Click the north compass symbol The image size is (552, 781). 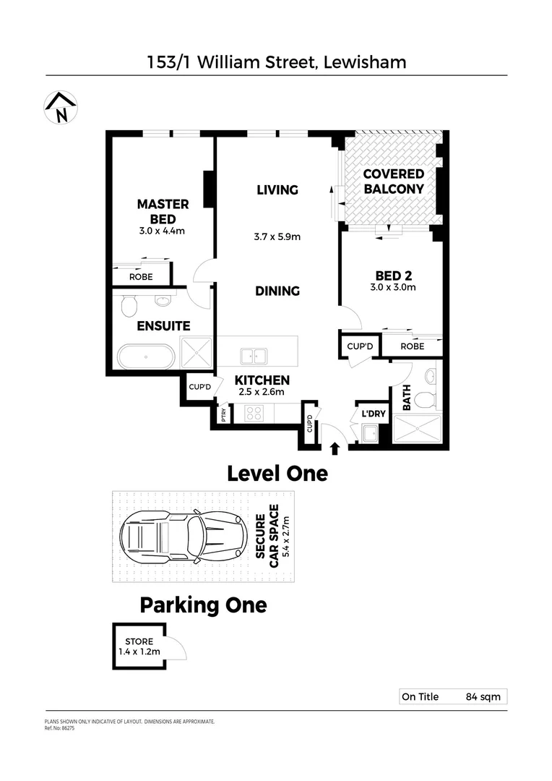[61, 108]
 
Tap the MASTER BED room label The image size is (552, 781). [163, 211]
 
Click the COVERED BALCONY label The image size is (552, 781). [393, 182]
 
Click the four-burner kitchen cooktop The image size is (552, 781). [255, 414]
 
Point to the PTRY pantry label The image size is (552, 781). [224, 416]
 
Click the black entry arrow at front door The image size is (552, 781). [335, 449]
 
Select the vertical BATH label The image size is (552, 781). [407, 398]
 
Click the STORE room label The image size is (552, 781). [138, 641]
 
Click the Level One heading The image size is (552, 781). [277, 474]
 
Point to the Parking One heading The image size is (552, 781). [203, 605]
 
